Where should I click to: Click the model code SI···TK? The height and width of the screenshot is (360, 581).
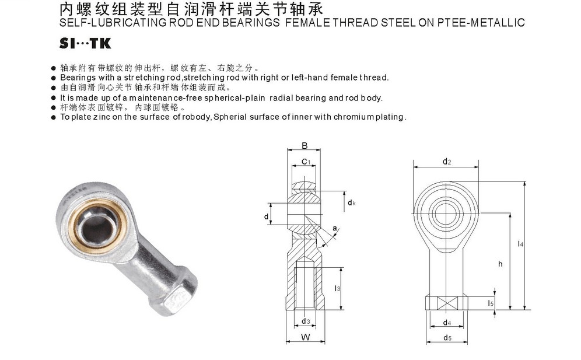click(85, 44)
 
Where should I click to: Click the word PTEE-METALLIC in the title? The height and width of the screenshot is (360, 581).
click(481, 23)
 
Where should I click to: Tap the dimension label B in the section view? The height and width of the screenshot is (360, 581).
click(304, 146)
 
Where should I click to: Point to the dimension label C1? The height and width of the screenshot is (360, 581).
click(306, 162)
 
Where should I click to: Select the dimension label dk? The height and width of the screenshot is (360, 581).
click(351, 202)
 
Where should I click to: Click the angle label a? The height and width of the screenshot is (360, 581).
click(335, 228)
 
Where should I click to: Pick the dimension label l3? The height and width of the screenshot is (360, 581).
click(337, 288)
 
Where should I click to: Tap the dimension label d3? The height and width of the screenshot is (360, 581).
click(306, 321)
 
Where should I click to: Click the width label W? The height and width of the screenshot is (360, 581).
click(305, 337)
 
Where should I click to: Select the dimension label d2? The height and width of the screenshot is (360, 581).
click(447, 161)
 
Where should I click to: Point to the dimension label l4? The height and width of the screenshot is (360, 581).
click(520, 244)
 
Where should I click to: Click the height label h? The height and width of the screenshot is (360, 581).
click(501, 264)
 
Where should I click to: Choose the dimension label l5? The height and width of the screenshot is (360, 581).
click(491, 303)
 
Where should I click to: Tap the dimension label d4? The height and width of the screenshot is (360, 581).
click(447, 323)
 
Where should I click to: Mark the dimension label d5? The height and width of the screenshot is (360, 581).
click(447, 338)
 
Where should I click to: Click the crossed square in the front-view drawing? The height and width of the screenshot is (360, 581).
click(447, 303)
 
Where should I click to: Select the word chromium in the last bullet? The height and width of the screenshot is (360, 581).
click(353, 117)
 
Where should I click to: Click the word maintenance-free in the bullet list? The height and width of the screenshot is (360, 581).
click(166, 98)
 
